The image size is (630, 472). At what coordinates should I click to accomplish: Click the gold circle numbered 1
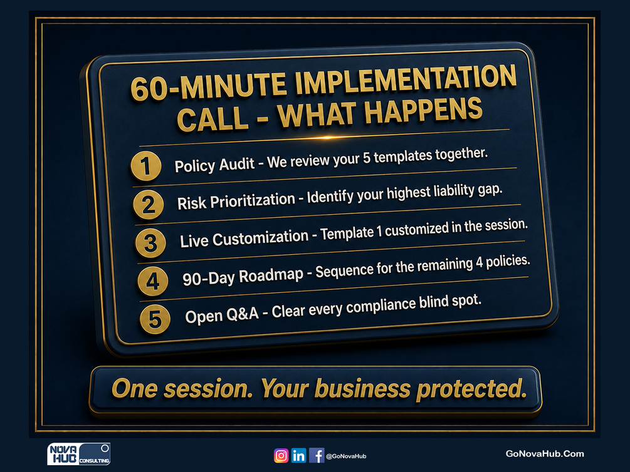tap(146, 166)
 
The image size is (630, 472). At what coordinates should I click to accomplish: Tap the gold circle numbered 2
tap(149, 205)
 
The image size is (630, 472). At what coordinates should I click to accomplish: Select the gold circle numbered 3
tap(150, 243)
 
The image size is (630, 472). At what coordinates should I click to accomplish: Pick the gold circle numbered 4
tap(153, 281)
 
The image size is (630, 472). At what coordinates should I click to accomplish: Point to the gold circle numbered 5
tap(155, 319)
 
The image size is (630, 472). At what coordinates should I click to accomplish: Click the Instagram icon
tap(281, 456)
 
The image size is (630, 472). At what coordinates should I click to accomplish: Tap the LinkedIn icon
tap(298, 456)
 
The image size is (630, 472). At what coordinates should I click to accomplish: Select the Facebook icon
tap(317, 456)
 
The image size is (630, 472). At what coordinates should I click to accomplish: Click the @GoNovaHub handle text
tap(346, 456)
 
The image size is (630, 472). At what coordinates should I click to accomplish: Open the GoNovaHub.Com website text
tap(544, 454)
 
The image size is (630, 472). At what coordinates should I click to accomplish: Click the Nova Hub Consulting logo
tap(79, 454)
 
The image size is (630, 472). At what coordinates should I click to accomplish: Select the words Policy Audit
tap(214, 165)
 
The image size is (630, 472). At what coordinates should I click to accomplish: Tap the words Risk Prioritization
tap(236, 201)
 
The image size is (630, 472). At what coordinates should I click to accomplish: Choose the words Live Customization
tap(244, 239)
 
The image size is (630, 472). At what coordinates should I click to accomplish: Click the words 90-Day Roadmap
tap(243, 277)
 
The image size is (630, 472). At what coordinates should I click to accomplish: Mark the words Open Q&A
tap(222, 315)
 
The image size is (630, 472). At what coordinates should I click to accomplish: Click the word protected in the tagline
tap(471, 389)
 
